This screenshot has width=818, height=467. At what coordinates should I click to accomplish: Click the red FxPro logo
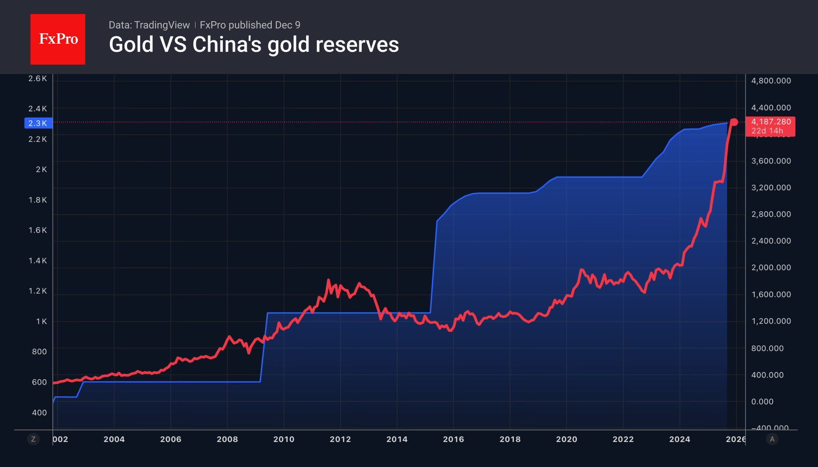pos(58,39)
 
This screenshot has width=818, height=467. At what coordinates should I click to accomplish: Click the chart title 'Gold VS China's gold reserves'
pos(254,45)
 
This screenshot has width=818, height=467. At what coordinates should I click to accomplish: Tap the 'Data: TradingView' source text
pos(149,25)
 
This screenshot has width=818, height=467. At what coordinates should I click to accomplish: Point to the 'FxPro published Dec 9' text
pos(250,25)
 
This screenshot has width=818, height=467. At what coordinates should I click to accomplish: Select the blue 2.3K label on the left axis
pos(38,123)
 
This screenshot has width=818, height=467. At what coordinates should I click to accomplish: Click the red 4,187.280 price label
pos(771,122)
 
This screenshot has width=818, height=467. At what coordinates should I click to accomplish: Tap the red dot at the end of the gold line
pos(734,122)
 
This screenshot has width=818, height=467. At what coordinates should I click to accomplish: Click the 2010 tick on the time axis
pos(284,439)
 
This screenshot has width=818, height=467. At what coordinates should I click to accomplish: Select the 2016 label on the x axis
pos(454,439)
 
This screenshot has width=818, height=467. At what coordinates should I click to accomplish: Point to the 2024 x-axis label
pos(680,439)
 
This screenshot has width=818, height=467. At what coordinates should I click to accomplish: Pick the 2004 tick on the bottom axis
pos(114,439)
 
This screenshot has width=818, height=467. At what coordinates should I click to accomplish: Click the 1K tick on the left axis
pos(41,321)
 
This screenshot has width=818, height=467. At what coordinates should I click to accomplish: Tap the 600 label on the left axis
pos(39,382)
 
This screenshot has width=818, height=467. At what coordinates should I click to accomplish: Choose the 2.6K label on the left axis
pos(38,78)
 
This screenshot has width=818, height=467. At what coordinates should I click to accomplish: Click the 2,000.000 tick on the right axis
pos(771,267)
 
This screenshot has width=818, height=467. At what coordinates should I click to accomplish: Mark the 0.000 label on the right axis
pos(762,402)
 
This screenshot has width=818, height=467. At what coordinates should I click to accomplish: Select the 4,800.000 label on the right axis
pos(771,81)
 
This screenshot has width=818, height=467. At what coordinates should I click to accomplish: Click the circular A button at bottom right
pos(772,439)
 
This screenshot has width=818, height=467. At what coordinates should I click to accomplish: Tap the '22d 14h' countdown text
pos(767,131)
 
